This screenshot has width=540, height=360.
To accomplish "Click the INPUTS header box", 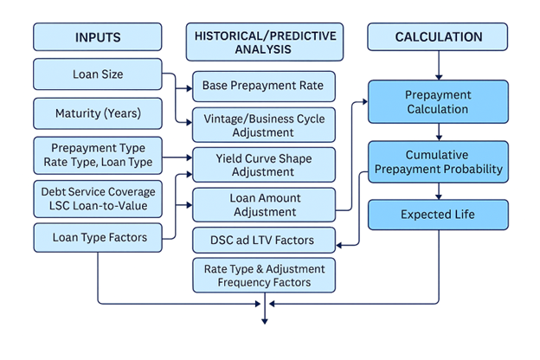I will tap(98, 37).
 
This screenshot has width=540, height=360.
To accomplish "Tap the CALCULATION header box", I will tap(438, 37).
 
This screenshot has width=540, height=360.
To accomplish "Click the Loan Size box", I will tap(98, 74).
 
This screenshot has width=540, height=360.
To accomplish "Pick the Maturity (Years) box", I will tap(98, 113).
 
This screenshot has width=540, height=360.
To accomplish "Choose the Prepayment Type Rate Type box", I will tap(98, 154).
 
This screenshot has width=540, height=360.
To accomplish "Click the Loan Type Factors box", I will tap(98, 237).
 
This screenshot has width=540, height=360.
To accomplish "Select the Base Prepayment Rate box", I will tap(263, 87).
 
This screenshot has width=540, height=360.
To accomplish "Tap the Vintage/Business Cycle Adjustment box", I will tap(263, 125).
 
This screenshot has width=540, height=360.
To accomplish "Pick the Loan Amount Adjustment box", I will tap(263, 204).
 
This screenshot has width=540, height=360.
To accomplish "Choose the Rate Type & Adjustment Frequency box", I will tap(263, 275).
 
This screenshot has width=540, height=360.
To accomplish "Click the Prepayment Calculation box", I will tap(437, 102).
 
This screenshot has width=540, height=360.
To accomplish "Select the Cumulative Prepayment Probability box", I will tap(437, 162).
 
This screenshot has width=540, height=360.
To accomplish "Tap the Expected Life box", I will tap(437, 214).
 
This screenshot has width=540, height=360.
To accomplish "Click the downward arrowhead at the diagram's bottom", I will tap(265, 321).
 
